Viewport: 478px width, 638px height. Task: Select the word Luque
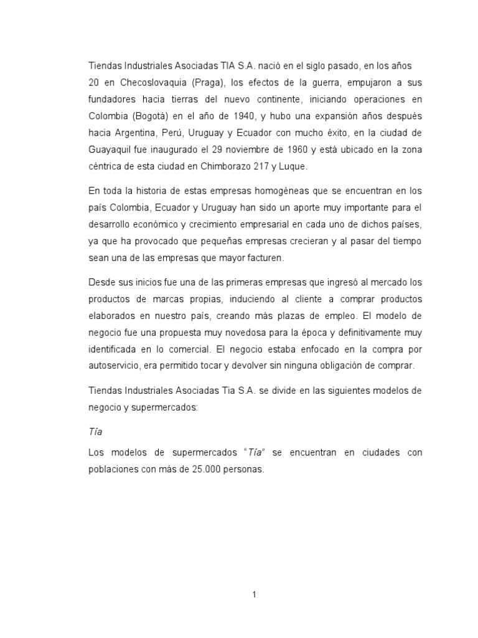coord(293,166)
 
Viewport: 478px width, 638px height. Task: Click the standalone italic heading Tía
coord(96,432)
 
